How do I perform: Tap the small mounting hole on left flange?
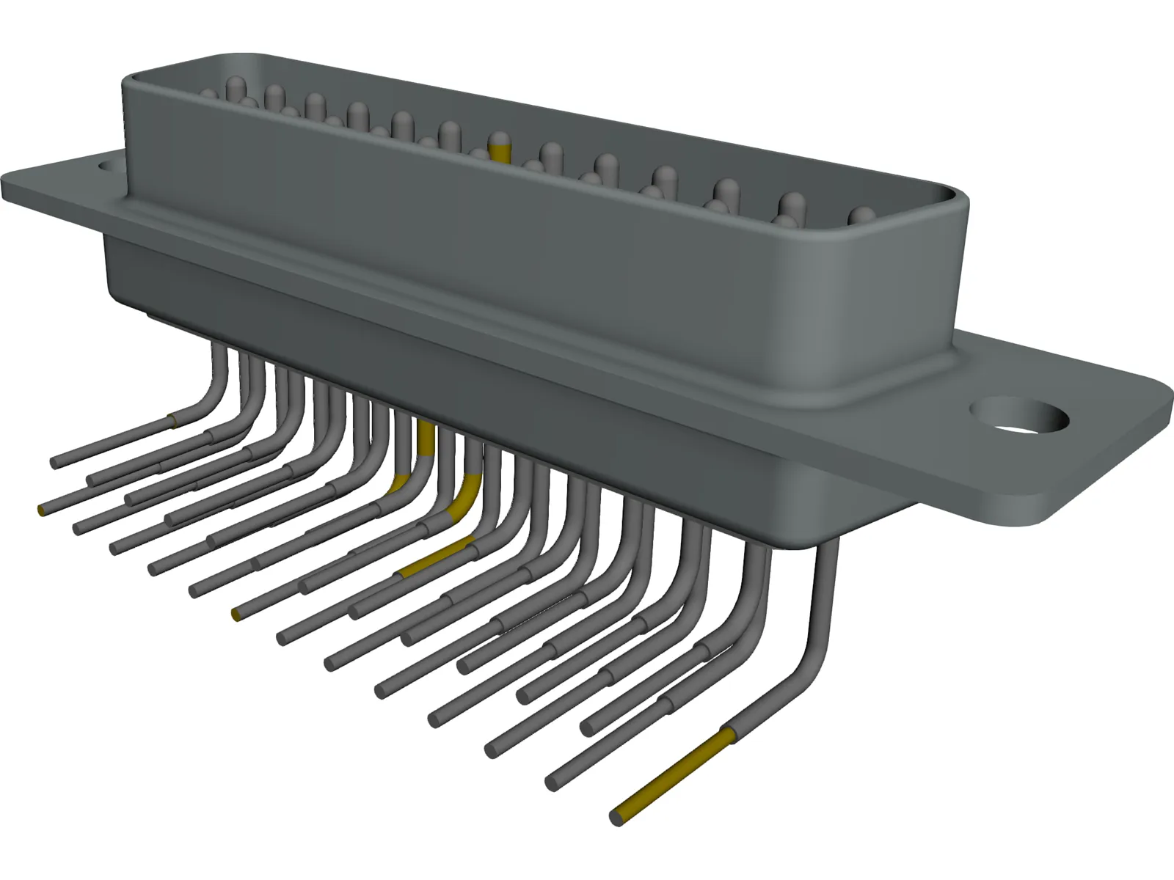pyautogui.click(x=110, y=167)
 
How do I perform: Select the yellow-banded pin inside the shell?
pyautogui.click(x=500, y=148)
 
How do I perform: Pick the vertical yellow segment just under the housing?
pyautogui.click(x=425, y=439)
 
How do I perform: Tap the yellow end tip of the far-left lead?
pyautogui.click(x=41, y=510)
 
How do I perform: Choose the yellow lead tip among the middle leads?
pyautogui.click(x=236, y=614)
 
